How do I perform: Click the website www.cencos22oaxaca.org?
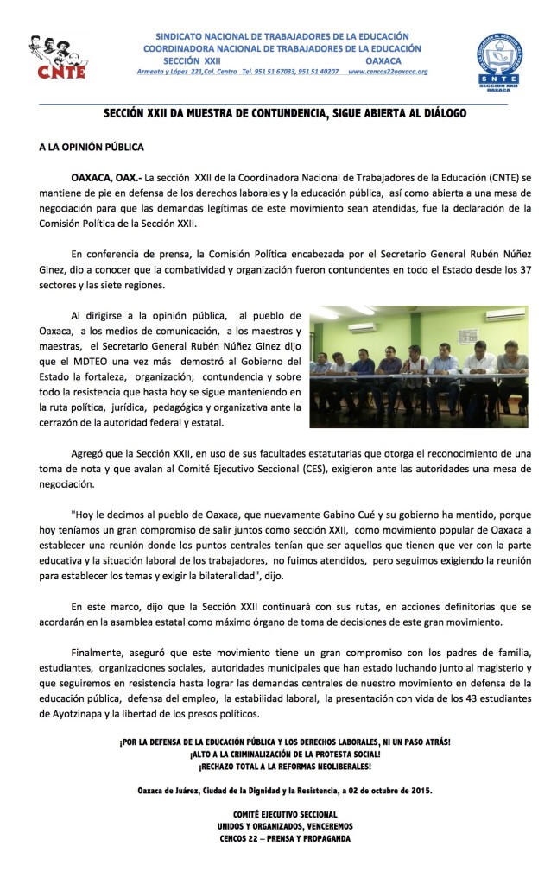tap(388, 72)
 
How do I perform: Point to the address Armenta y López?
tap(168, 72)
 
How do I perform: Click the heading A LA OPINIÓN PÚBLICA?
tap(91, 148)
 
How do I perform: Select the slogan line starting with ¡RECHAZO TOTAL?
tap(284, 767)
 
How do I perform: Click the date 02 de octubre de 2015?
tap(379, 790)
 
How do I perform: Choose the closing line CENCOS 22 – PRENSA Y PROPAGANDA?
tap(284, 838)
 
